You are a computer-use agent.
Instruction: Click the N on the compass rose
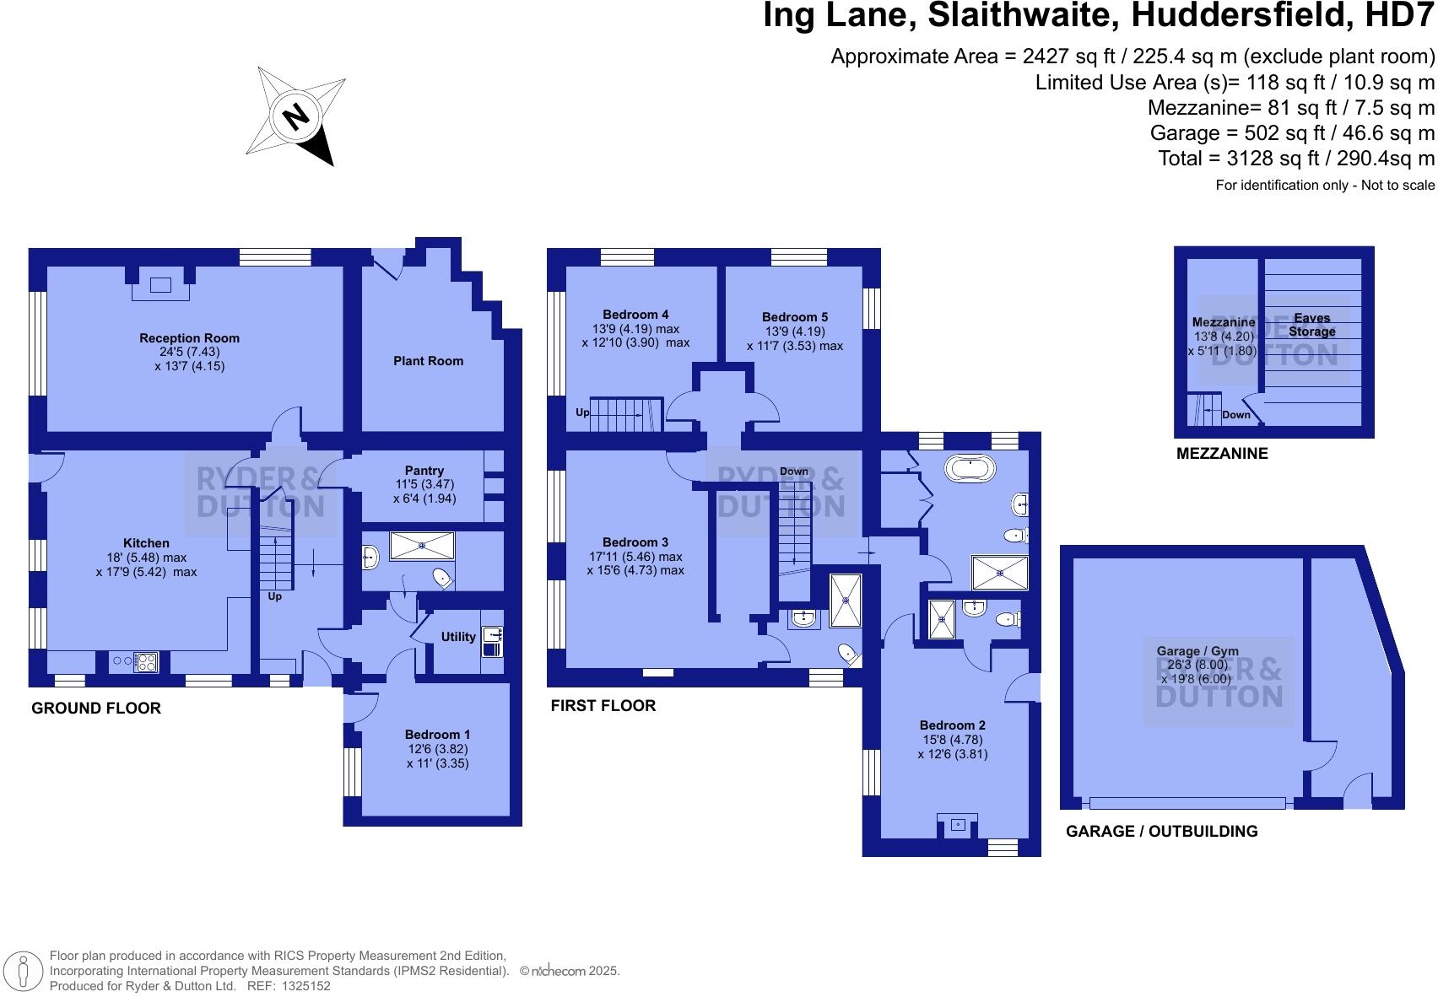[295, 116]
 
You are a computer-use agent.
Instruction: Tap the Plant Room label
[428, 361]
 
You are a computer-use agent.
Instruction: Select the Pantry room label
[424, 471]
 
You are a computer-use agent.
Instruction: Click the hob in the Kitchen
[145, 662]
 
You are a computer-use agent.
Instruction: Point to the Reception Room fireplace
[160, 287]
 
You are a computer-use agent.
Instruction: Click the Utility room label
[458, 637]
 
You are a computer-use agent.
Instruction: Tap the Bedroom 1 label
[437, 735]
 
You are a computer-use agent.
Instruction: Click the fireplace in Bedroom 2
[957, 825]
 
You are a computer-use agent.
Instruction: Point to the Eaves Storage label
[1311, 325]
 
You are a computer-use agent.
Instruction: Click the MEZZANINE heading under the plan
[1222, 454]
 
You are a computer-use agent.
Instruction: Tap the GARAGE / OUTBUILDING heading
[1161, 832]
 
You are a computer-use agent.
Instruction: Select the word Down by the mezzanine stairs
[1236, 415]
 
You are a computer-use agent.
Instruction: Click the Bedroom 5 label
[794, 317]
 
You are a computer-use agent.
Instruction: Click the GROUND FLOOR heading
[96, 709]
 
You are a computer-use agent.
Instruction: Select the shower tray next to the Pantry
[422, 546]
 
